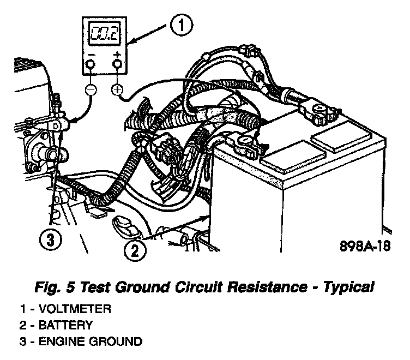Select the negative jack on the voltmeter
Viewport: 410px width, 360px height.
(90, 64)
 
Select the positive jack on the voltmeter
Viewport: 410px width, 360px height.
(116, 64)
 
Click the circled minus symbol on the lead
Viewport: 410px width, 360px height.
(91, 89)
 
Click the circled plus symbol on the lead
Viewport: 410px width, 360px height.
(117, 89)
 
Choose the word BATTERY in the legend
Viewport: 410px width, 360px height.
(64, 326)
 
